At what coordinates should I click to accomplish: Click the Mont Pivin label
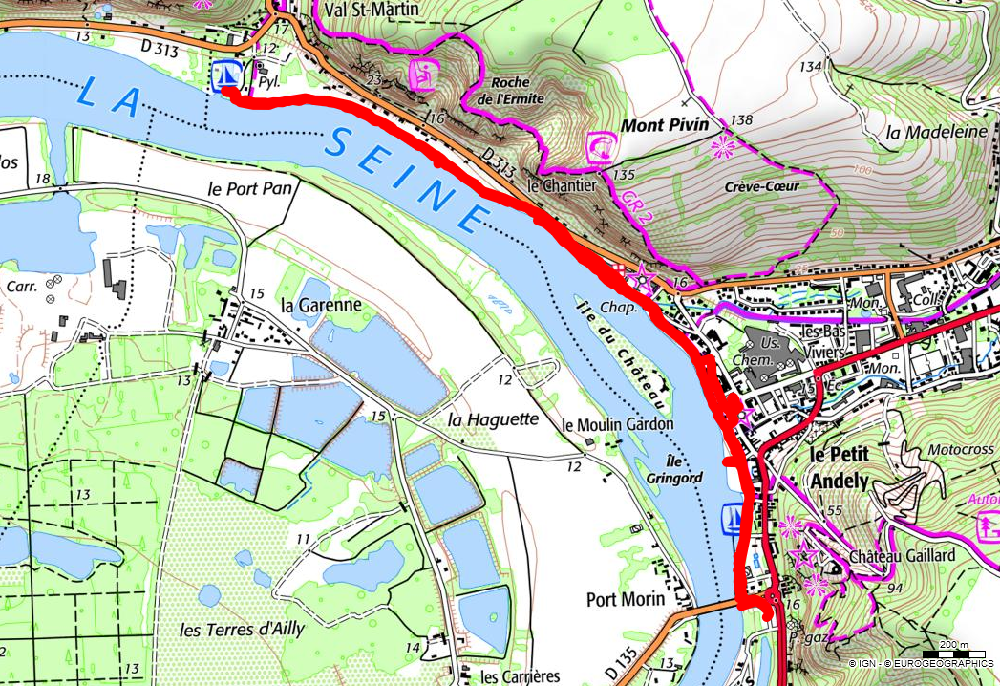point(666,125)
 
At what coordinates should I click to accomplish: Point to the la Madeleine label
point(935,133)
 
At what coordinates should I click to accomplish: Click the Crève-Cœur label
point(761,186)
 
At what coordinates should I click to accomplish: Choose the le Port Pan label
point(246,188)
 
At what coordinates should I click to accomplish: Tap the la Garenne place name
point(321,306)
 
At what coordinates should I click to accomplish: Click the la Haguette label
point(494,419)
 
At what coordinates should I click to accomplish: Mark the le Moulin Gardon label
point(618,424)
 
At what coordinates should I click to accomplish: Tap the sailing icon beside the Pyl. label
point(226,74)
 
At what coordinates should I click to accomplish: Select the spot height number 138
point(740,120)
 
